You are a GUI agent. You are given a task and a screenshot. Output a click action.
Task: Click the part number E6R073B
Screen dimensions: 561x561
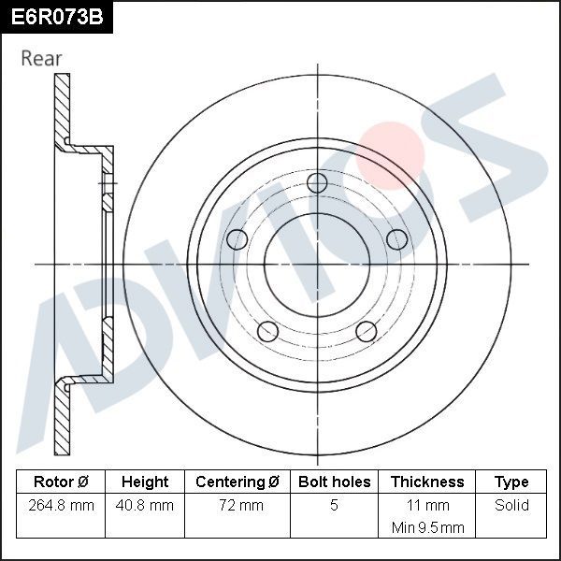56,16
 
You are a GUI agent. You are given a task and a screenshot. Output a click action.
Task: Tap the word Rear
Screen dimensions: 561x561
41,58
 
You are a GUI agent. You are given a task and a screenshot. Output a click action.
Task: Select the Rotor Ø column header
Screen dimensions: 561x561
61,482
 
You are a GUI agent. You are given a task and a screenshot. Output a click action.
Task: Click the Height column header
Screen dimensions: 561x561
145,482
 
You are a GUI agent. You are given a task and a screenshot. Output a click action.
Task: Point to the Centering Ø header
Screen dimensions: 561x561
237,482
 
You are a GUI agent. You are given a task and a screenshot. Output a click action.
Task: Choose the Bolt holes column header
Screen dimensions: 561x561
334,482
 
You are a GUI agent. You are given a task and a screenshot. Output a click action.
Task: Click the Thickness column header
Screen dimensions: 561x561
427,482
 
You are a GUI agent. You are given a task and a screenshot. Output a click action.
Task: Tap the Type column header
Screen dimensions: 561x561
511,482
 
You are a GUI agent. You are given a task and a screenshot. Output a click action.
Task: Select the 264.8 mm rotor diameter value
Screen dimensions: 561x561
61,506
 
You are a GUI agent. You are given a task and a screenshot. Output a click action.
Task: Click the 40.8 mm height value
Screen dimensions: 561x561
145,506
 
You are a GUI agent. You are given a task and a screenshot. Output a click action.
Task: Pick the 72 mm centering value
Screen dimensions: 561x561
237,506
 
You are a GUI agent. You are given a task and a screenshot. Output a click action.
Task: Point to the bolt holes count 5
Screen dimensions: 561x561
334,506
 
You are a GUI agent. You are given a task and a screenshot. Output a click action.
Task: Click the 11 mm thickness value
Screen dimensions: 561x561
427,506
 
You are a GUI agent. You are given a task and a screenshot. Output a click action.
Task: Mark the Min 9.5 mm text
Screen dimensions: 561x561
427,527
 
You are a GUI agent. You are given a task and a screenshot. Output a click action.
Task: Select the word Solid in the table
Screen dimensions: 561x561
511,506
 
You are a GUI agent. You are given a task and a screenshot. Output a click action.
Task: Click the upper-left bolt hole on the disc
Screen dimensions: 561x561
237,239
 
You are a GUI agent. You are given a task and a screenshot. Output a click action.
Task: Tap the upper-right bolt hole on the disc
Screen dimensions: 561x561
398,239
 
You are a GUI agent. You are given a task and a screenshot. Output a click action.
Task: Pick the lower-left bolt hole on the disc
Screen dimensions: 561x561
267,331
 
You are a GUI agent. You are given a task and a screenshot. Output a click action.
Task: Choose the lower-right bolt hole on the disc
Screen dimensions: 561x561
367,331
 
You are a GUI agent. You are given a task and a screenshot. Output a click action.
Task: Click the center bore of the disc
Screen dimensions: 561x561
317,265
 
